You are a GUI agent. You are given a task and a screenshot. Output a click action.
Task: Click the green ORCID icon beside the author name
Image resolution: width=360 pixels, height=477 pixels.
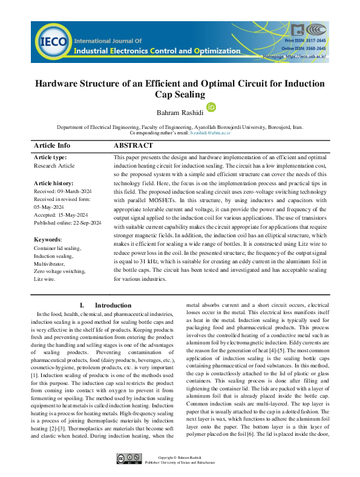pyautogui.click(x=212, y=107)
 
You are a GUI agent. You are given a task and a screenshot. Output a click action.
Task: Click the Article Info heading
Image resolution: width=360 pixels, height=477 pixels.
pyautogui.click(x=52, y=145)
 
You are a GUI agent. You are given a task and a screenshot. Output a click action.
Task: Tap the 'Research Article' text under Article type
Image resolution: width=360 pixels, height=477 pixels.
pyautogui.click(x=54, y=165)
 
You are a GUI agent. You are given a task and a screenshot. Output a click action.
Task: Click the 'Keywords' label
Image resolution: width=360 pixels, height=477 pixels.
pyautogui.click(x=48, y=239)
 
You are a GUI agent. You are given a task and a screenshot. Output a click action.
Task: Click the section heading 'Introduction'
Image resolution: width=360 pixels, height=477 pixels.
pyautogui.click(x=113, y=306)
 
